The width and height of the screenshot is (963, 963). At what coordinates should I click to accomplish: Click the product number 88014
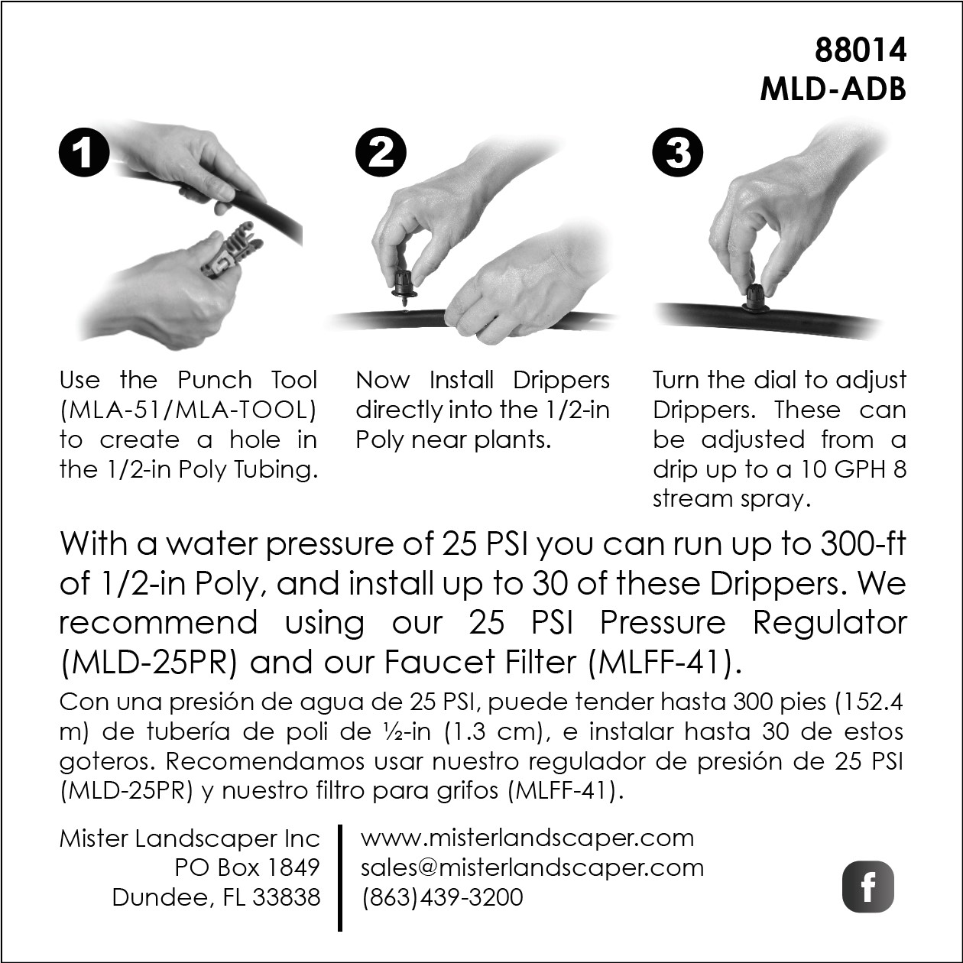tap(860, 50)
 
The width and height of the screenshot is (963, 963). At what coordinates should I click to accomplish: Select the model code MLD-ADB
tap(833, 90)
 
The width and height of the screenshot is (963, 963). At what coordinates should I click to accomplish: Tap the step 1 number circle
tap(84, 151)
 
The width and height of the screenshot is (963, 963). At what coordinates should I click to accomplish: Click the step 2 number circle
tap(381, 151)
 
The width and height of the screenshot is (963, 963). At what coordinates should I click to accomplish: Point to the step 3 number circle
tap(678, 151)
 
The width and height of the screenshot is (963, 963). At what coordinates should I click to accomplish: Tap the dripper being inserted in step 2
tap(404, 288)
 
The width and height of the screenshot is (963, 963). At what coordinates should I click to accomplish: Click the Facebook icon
tap(868, 886)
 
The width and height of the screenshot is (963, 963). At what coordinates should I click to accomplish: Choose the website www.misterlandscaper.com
tap(527, 838)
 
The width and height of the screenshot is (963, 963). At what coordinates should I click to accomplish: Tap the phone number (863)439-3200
tap(443, 897)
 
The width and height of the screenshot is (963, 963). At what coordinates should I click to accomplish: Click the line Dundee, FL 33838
tap(216, 897)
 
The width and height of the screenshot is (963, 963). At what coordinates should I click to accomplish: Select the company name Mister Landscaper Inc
tap(190, 838)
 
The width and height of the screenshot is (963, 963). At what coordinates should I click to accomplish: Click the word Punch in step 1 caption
tap(215, 380)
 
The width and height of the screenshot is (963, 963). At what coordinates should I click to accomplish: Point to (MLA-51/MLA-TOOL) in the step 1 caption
tap(188, 410)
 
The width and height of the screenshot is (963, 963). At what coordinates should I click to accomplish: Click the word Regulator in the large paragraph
tap(829, 623)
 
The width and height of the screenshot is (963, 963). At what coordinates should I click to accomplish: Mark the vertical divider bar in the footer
tap(340, 878)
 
